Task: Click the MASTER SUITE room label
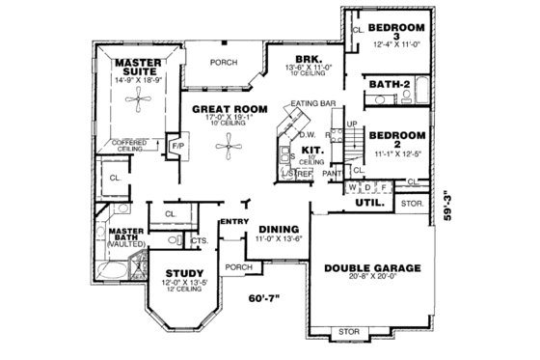point(138,67)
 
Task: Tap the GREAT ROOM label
point(222,109)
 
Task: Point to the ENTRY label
point(234,223)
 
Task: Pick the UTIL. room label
point(371,204)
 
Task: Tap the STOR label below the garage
point(349,333)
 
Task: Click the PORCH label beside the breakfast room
point(224,63)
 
